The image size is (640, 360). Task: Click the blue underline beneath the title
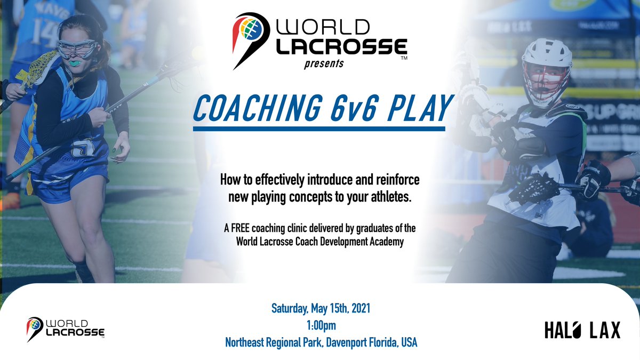(319, 129)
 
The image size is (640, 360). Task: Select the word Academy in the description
(382, 240)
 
